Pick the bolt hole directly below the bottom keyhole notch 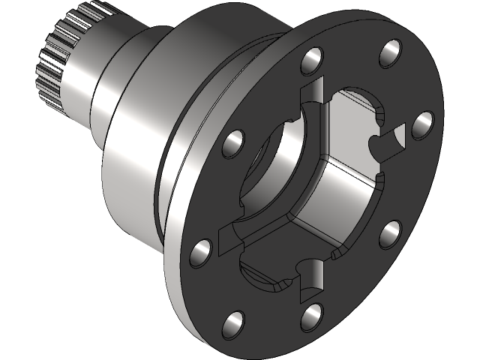pyautogui.click(x=312, y=316)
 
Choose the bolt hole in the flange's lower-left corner pyautogui.click(x=232, y=324)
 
